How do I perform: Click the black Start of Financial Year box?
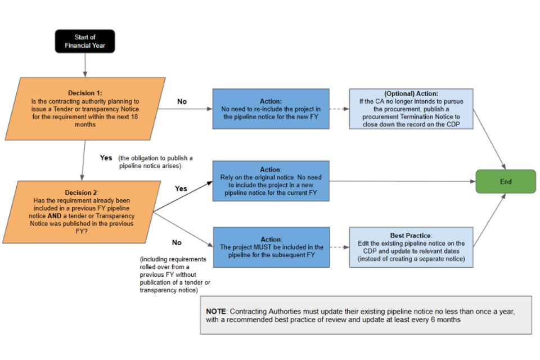coord(85,41)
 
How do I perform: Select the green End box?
coord(506,182)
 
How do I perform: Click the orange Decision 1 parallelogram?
coord(85,109)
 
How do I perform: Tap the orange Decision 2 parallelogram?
coord(82,212)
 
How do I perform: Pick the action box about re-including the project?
coord(271,109)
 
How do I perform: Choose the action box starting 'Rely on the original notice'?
coord(271,181)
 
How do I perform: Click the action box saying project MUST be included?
coord(271,247)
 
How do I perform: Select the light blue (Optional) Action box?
coord(411,109)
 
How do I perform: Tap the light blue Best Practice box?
coord(411,247)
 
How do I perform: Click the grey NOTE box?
coord(366,315)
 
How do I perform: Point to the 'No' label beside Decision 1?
coord(182,102)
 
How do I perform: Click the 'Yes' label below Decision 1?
coord(106,157)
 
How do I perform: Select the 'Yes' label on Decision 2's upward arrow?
coord(181,188)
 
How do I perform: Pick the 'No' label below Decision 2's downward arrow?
coord(177,242)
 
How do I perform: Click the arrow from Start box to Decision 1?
coord(85,65)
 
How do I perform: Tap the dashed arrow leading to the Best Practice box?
coord(340,247)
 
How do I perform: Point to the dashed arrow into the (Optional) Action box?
coord(339,109)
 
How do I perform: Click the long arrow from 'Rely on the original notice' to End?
coord(403,181)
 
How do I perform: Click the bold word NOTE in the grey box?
coord(215,312)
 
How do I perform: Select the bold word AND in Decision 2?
coord(55,216)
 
